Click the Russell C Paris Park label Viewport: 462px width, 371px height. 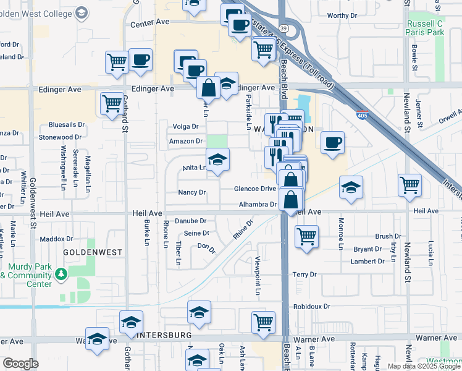click(426, 27)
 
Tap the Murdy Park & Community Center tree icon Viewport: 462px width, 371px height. click(61, 273)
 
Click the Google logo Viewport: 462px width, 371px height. click(20, 364)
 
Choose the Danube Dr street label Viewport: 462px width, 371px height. click(190, 221)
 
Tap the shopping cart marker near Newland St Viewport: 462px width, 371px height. click(409, 184)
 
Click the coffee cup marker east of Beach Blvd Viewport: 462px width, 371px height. click(332, 142)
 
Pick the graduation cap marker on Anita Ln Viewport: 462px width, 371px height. click(217, 160)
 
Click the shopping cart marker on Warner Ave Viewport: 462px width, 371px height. click(263, 322)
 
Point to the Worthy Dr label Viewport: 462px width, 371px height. click(342, 16)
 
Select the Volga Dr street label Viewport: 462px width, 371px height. click(186, 127)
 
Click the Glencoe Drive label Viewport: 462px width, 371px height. click(254, 189)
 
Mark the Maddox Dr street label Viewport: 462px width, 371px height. click(56, 239)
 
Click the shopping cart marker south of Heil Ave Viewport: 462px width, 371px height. click(306, 236)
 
